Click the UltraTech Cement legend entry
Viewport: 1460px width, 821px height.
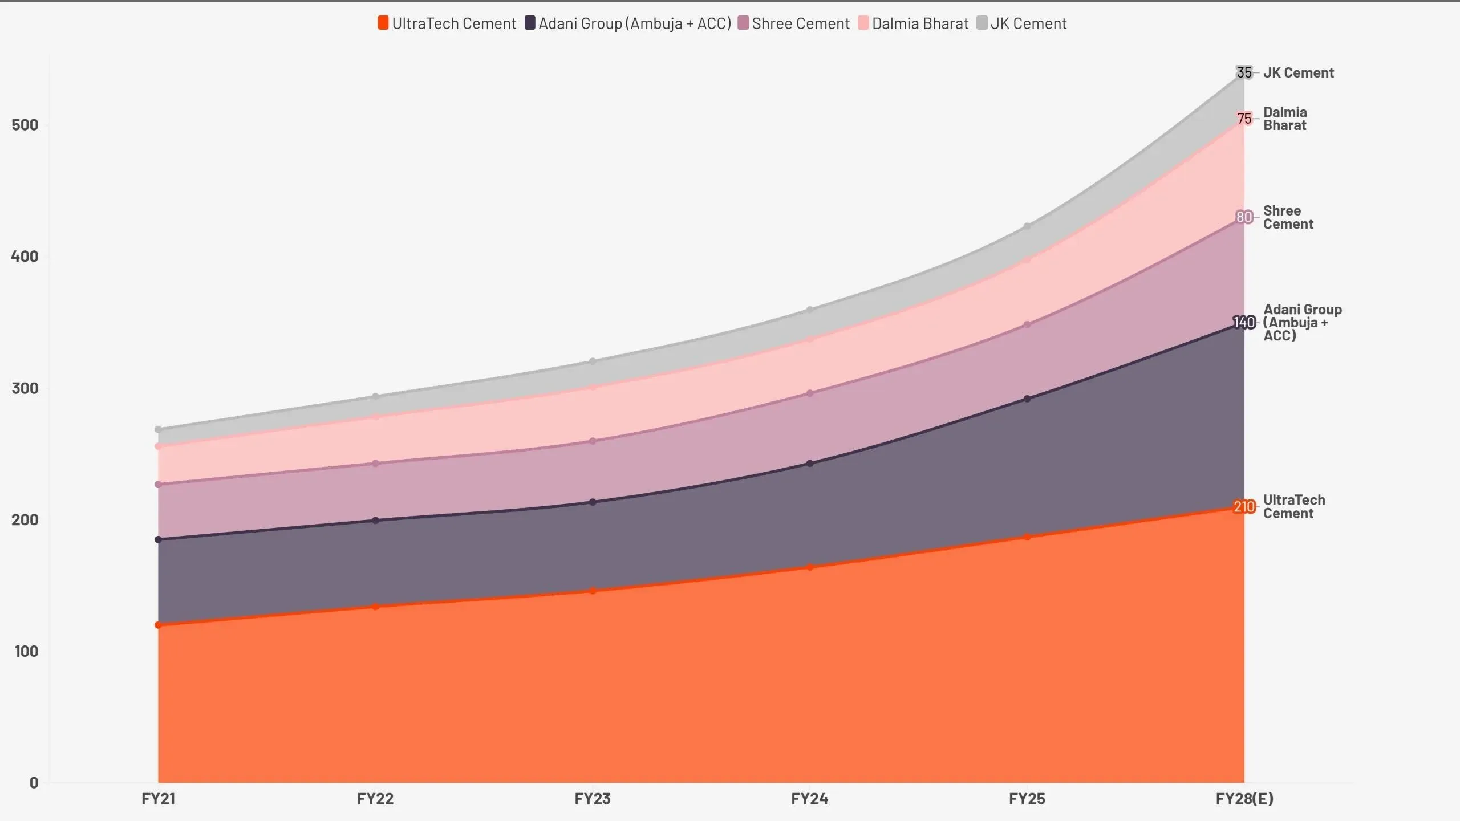tap(447, 23)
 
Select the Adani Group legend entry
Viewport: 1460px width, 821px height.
tap(628, 23)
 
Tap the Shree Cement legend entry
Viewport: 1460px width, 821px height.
tap(794, 23)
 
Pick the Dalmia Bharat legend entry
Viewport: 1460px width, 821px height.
tap(914, 23)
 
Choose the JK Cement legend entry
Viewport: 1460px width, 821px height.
tap(1022, 23)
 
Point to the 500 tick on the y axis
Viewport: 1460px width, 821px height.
tap(25, 125)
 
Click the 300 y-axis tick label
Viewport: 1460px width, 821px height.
tap(25, 388)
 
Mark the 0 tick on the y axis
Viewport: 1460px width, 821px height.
tap(34, 783)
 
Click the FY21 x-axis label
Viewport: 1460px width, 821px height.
tap(158, 799)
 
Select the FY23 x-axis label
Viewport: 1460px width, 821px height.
tap(593, 799)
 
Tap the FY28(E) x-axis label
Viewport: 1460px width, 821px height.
tap(1244, 799)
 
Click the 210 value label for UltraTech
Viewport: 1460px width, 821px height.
tap(1244, 507)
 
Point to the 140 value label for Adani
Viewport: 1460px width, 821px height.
tap(1244, 323)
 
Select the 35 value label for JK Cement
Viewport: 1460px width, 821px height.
tap(1244, 73)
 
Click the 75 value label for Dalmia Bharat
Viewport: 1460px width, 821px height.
tap(1244, 119)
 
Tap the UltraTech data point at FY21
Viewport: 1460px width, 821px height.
tap(158, 625)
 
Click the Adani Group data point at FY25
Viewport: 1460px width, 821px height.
tap(1027, 399)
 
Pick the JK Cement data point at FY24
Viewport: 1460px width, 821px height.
tap(810, 310)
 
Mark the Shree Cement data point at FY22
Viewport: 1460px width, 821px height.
tap(375, 464)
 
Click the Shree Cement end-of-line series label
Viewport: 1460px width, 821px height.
tap(1288, 217)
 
